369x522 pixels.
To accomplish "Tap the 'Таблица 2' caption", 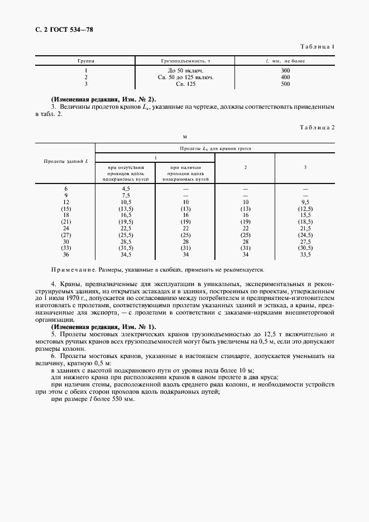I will click(317, 128).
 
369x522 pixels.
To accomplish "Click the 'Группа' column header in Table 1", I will click(86, 60).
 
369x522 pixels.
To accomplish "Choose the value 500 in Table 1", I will click(285, 84).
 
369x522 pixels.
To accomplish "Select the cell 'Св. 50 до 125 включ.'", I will click(186, 78).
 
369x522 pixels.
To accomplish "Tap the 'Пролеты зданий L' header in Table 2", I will click(65, 161).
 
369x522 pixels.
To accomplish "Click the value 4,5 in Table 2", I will click(126, 189).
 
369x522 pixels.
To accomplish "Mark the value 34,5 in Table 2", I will click(126, 254).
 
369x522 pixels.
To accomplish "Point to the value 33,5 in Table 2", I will click(305, 254).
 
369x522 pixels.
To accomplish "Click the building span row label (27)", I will click(66, 235).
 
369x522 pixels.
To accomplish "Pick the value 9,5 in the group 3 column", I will click(305, 202).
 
